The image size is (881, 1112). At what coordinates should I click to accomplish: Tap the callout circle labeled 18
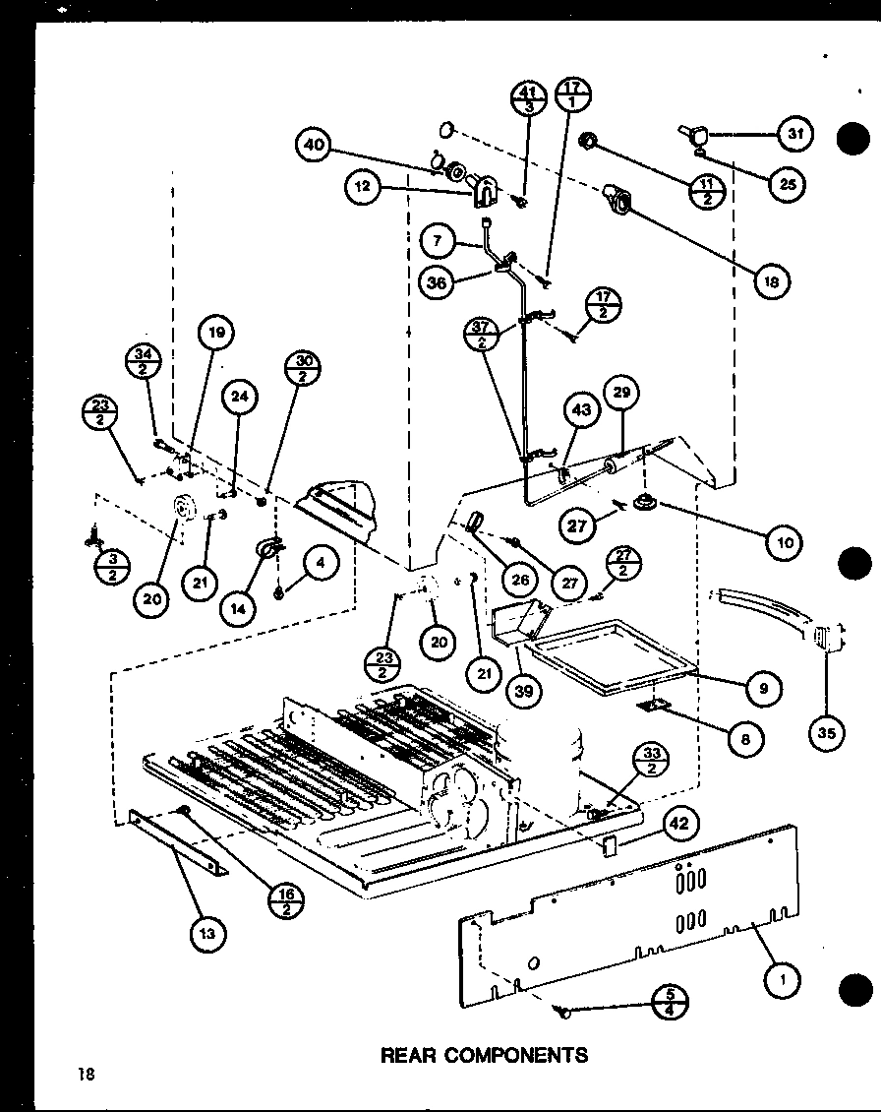(x=773, y=281)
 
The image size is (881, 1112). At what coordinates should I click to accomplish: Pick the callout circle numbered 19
(x=215, y=333)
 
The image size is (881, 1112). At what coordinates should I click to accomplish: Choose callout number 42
(x=678, y=825)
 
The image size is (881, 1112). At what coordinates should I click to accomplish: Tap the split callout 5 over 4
(x=669, y=1002)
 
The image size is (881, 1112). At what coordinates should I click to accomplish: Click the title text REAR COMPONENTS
(x=484, y=1055)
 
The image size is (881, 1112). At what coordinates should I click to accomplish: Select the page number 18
(x=88, y=1074)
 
